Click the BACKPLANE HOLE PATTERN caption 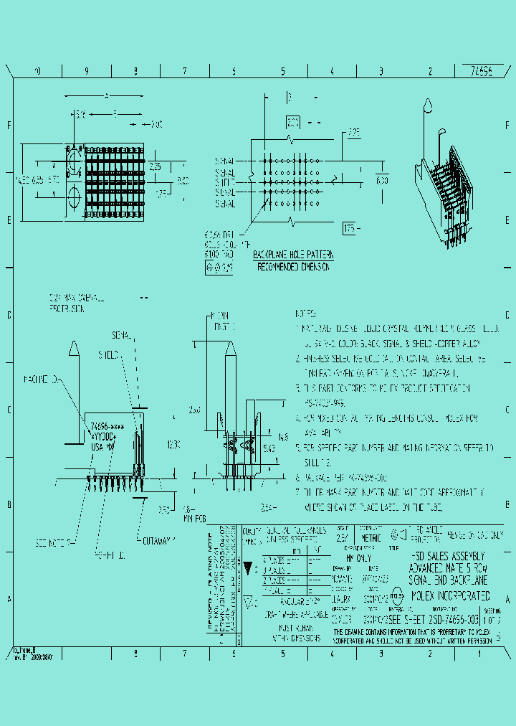293,255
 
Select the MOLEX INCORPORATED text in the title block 451,596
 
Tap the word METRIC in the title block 371,537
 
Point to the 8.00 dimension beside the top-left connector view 183,180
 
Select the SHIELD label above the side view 108,354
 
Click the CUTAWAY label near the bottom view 159,540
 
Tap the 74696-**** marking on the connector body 105,425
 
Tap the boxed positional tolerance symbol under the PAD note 219,268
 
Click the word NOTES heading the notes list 306,313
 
